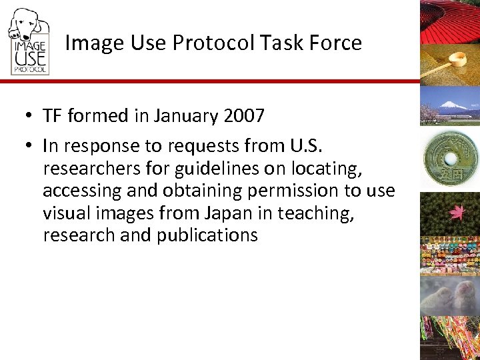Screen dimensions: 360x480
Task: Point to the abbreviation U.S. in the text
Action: click(x=323, y=145)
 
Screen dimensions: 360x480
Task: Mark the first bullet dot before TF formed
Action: click(x=31, y=117)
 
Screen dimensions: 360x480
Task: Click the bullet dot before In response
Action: click(x=31, y=146)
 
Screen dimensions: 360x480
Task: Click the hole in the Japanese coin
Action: click(x=450, y=158)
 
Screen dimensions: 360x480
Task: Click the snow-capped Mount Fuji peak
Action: click(x=453, y=105)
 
